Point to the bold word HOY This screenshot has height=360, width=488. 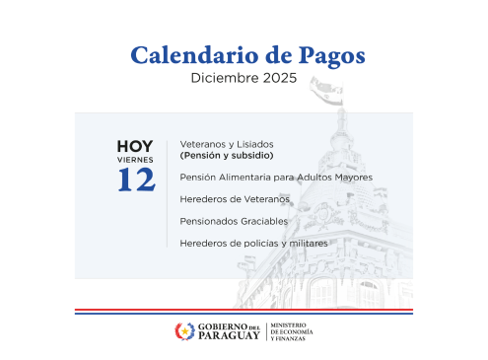(x=135, y=146)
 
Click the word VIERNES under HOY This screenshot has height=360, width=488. (x=135, y=159)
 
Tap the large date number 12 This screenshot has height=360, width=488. (x=135, y=180)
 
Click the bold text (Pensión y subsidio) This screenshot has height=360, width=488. (x=226, y=156)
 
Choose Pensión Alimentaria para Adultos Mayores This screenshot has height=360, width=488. (x=276, y=178)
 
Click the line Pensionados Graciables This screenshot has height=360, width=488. (x=234, y=221)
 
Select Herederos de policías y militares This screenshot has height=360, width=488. (x=253, y=243)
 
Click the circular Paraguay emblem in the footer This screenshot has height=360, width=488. (x=184, y=331)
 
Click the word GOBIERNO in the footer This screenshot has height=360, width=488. (x=221, y=325)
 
